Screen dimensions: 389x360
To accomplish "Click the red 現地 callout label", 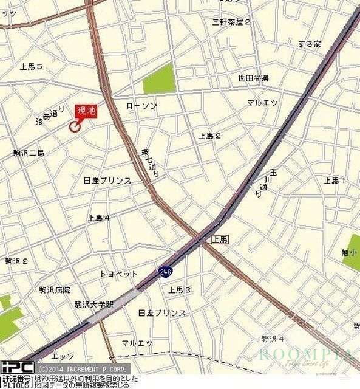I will click(x=85, y=111).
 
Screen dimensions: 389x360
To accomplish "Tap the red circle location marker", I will click(x=75, y=126).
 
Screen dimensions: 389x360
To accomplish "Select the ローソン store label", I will click(x=141, y=106).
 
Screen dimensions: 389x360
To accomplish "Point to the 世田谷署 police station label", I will click(x=253, y=78).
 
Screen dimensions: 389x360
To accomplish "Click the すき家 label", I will click(x=310, y=43).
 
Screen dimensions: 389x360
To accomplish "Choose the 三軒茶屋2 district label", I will click(x=231, y=22).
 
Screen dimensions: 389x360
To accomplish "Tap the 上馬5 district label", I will click(x=31, y=66).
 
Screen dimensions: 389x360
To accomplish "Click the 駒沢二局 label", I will click(x=29, y=153).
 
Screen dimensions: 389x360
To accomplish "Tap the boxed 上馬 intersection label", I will click(x=220, y=239).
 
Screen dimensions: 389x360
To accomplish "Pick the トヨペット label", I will click(x=118, y=274).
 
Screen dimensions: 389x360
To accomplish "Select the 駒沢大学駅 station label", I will click(x=94, y=304).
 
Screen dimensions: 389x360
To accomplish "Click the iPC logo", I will click(x=16, y=368).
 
